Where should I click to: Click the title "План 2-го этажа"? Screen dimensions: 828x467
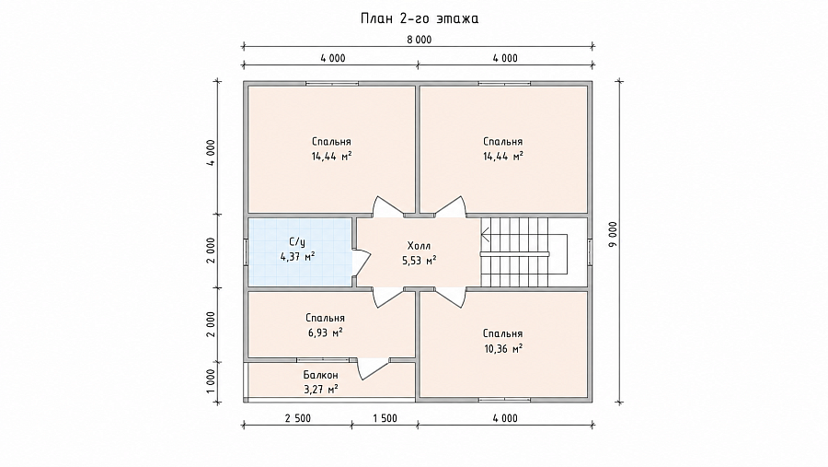coord(420,18)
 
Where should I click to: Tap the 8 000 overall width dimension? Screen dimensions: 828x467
coord(420,40)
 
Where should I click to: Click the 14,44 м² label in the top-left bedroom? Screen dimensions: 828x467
coord(331,157)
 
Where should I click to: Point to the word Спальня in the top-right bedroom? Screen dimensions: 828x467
coord(502,142)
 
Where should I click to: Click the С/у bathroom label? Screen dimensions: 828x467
coord(297,242)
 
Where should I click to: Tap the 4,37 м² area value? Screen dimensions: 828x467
coord(297,257)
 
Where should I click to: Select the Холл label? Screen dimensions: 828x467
coord(420,246)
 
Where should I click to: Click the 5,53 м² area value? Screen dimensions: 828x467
coord(420,261)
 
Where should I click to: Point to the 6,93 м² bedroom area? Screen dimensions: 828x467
coord(326,333)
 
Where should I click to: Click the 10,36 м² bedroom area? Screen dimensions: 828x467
coord(502,348)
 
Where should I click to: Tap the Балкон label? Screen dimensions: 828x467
coord(320,375)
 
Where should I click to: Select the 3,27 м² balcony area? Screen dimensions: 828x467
coord(320,390)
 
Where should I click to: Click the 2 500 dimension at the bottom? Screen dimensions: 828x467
coord(298,418)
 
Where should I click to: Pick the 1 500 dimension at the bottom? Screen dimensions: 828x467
coord(385,418)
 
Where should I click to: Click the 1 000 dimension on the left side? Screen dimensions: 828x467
coord(211,382)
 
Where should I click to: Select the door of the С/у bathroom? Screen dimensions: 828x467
coord(362,263)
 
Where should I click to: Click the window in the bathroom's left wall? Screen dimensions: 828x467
coord(246,251)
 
